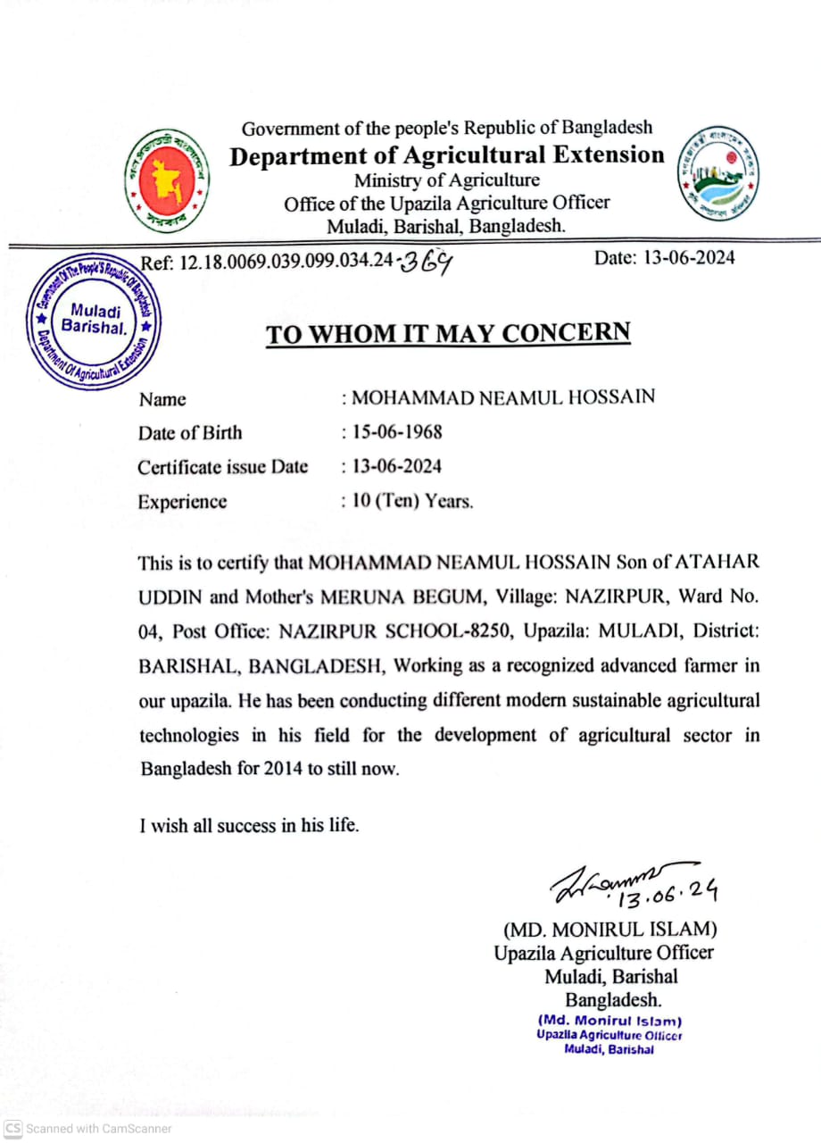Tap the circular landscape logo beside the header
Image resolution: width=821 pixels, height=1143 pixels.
718,174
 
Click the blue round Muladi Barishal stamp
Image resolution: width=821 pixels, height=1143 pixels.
94,321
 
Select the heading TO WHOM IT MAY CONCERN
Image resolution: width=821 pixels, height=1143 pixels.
448,333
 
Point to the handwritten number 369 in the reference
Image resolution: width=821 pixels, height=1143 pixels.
428,263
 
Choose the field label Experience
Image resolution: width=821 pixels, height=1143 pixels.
182,502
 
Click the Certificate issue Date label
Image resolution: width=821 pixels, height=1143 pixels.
222,467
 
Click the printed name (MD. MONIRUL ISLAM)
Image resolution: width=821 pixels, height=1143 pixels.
610,928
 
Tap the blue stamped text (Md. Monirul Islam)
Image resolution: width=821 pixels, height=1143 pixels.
610,1021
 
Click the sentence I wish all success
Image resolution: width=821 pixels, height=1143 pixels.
249,826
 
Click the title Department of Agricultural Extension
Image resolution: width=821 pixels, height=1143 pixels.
447,155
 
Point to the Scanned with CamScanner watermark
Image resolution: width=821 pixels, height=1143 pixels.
88,1129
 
